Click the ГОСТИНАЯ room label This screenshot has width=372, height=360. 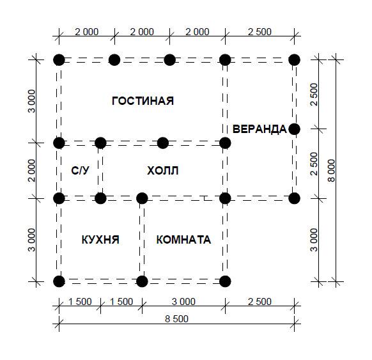[x=143, y=101]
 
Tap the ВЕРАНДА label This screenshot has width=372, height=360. [x=260, y=129]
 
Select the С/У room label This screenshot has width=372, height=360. [x=80, y=170]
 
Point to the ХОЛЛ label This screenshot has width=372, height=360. [x=162, y=171]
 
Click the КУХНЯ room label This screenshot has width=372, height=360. [x=100, y=240]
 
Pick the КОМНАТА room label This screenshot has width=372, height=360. [x=183, y=240]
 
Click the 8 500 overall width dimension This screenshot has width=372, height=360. [x=177, y=319]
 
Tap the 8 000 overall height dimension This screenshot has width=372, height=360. [x=332, y=171]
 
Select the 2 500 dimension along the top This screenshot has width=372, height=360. [x=260, y=32]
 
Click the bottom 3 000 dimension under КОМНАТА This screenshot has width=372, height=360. [x=183, y=302]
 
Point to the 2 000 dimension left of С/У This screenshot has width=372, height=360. [x=31, y=171]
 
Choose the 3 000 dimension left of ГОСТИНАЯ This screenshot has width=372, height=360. [x=31, y=101]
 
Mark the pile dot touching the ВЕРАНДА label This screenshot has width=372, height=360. [x=294, y=129]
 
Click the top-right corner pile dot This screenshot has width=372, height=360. [x=294, y=60]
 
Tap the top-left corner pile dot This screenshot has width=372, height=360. [x=59, y=60]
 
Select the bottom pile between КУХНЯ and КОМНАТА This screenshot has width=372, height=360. [x=142, y=281]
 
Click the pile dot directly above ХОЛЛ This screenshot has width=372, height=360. [x=163, y=143]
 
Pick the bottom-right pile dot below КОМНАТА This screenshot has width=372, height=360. [x=225, y=281]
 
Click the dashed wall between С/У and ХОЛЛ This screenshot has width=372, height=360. [x=100, y=171]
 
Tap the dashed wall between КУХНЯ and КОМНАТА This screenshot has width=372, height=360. [x=142, y=240]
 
